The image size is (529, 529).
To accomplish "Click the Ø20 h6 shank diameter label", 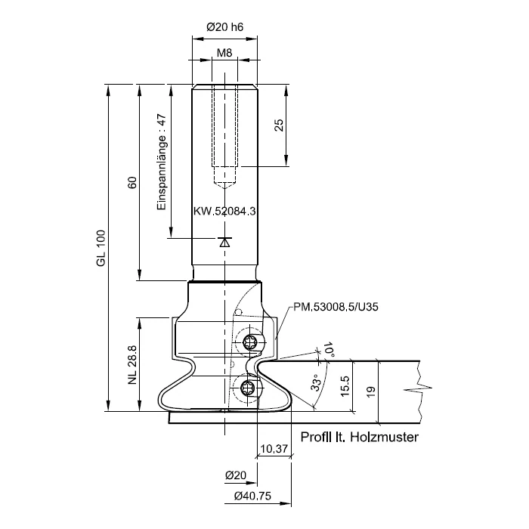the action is point(224,27).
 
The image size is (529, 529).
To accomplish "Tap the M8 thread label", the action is point(224,53).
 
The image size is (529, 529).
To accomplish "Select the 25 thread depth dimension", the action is point(279,125).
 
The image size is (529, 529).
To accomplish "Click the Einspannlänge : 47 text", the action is point(162,162).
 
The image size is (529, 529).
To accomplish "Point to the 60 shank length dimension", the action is point(132,183).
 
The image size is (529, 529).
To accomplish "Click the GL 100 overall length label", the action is point(101,249).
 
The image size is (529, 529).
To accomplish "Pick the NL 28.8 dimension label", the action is point(132,365).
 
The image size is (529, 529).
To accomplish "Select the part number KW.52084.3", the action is point(224,211).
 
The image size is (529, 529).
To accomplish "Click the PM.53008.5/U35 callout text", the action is point(336,307).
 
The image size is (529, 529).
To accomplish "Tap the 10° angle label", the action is point(329,350).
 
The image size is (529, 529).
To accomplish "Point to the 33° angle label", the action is point(316,382).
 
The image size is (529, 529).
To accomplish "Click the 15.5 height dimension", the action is point(345,386).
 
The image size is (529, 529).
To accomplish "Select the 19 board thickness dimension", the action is point(370,391).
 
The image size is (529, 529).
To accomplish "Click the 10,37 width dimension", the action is point(274,449).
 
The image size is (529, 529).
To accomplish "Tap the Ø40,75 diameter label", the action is point(252,496).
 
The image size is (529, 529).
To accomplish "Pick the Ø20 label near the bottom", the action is point(236,475).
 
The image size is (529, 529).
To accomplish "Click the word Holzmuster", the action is point(384,437).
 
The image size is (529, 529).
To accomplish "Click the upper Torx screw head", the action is point(249,342).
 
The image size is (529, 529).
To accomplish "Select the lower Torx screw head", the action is point(248,388).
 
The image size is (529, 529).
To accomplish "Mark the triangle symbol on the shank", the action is point(224,242).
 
